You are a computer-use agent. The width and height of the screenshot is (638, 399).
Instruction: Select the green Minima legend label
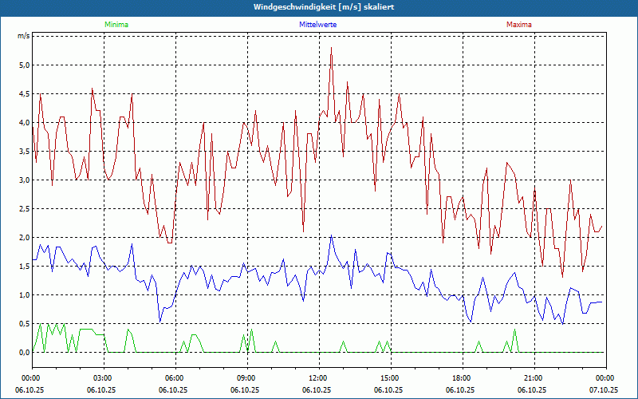116,25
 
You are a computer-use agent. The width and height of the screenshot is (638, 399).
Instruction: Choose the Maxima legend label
519,25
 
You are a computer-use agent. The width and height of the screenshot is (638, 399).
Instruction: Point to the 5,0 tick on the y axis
23,65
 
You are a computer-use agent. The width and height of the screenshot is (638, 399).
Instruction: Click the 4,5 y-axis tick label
23,94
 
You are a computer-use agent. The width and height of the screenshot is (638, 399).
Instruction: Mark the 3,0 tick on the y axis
23,180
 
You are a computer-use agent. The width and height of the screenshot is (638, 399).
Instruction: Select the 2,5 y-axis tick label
23,209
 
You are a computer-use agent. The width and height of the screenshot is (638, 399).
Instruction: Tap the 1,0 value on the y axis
23,295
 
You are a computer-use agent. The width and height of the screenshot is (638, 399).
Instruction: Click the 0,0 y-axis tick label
23,353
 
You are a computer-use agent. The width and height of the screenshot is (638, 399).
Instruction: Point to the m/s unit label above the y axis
23,37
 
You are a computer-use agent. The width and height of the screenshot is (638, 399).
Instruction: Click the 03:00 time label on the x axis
103,377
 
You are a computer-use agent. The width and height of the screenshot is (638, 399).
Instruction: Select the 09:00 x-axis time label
246,377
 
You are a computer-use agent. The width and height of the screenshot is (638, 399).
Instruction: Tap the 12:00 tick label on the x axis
318,377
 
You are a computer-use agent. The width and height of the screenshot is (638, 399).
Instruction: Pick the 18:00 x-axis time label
462,377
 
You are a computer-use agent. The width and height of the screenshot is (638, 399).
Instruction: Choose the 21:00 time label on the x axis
534,377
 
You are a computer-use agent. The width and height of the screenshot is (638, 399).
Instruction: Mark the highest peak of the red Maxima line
331,48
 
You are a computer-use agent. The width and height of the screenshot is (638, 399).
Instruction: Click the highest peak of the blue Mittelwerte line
331,235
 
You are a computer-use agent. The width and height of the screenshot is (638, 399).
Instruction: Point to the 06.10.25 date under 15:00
390,390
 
